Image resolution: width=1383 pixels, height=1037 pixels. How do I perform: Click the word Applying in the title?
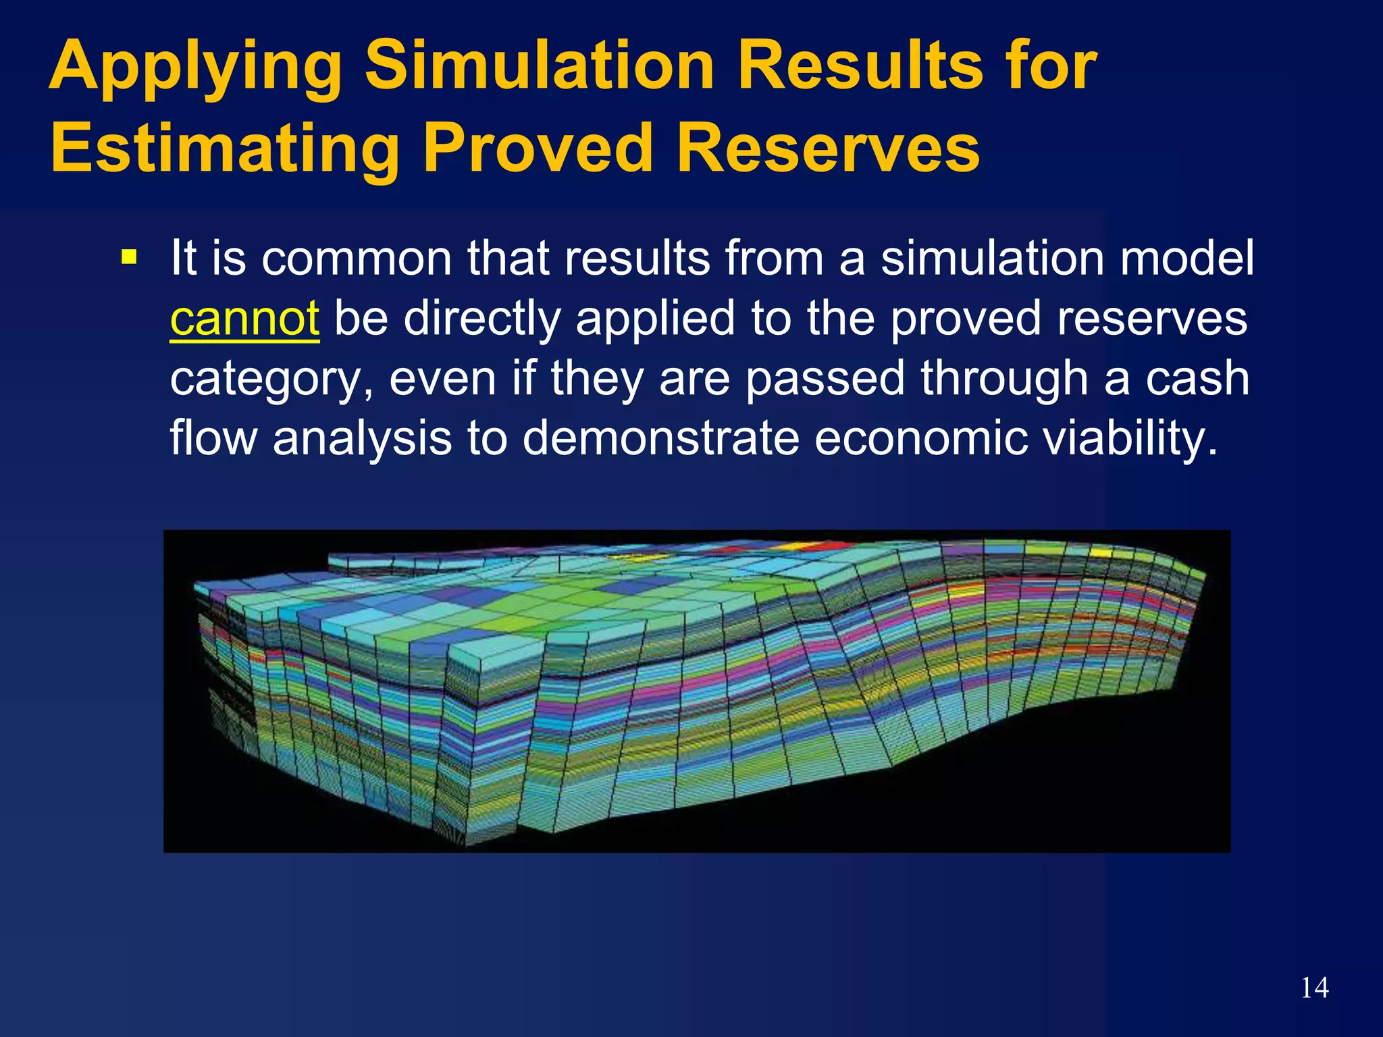[195, 68]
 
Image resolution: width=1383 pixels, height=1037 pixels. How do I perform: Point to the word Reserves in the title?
[828, 149]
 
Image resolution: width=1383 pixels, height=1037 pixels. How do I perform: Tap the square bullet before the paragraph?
[128, 257]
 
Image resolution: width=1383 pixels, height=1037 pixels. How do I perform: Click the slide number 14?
[1314, 988]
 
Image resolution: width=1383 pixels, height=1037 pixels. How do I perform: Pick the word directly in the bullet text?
[482, 319]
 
